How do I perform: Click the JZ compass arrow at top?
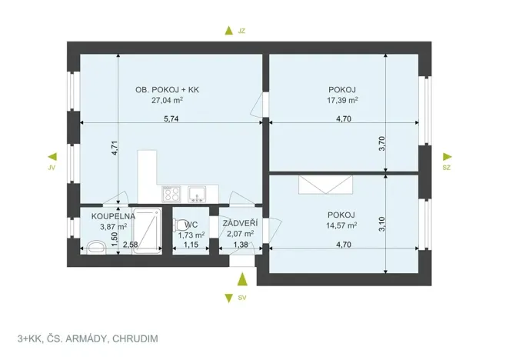point(227,31)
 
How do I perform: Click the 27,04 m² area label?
point(167,100)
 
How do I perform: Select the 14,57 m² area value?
point(341,225)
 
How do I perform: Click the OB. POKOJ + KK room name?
point(167,89)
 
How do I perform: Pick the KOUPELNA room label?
point(113,217)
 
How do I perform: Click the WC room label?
point(191,225)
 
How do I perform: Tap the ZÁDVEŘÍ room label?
point(240,224)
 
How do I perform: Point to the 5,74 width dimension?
point(171,118)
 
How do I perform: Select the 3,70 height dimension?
point(382,143)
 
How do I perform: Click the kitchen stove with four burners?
point(172,194)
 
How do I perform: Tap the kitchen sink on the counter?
point(197,193)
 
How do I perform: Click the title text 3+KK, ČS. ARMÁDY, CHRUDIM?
point(88,338)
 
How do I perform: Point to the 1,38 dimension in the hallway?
point(240,245)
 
